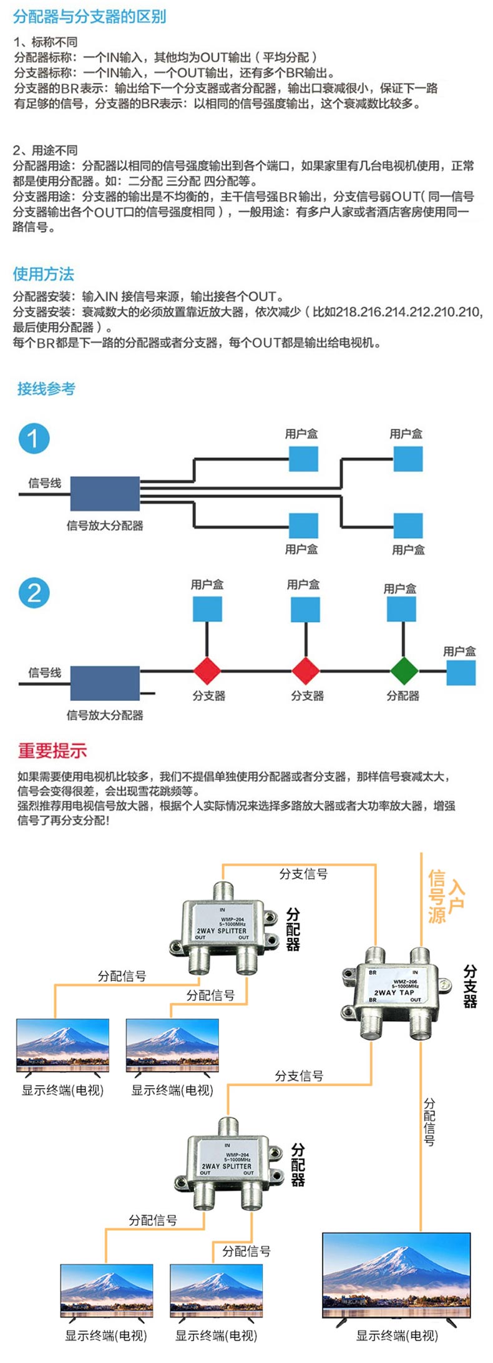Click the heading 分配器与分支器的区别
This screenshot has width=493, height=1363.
[89, 16]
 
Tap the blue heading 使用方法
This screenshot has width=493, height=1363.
[43, 273]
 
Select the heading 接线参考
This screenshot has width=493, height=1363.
[46, 389]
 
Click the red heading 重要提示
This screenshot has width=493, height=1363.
[52, 751]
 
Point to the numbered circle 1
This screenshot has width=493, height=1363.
[34, 438]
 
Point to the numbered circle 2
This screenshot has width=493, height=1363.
[34, 592]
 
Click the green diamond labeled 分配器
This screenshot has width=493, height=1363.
[404, 672]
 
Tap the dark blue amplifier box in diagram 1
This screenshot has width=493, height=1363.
[105, 494]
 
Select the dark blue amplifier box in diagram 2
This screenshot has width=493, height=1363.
[105, 683]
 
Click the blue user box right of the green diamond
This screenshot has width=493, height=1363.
[461, 673]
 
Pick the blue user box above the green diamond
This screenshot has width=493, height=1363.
[401, 608]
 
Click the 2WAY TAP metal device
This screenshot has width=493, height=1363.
[395, 992]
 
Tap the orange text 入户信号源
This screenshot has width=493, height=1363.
[446, 896]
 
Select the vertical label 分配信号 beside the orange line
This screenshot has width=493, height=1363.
[429, 1121]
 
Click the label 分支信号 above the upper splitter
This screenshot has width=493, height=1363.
[303, 874]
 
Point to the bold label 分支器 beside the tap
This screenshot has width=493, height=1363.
[470, 986]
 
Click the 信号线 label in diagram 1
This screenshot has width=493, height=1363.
[45, 482]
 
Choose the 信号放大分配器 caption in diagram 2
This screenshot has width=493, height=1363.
[105, 715]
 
